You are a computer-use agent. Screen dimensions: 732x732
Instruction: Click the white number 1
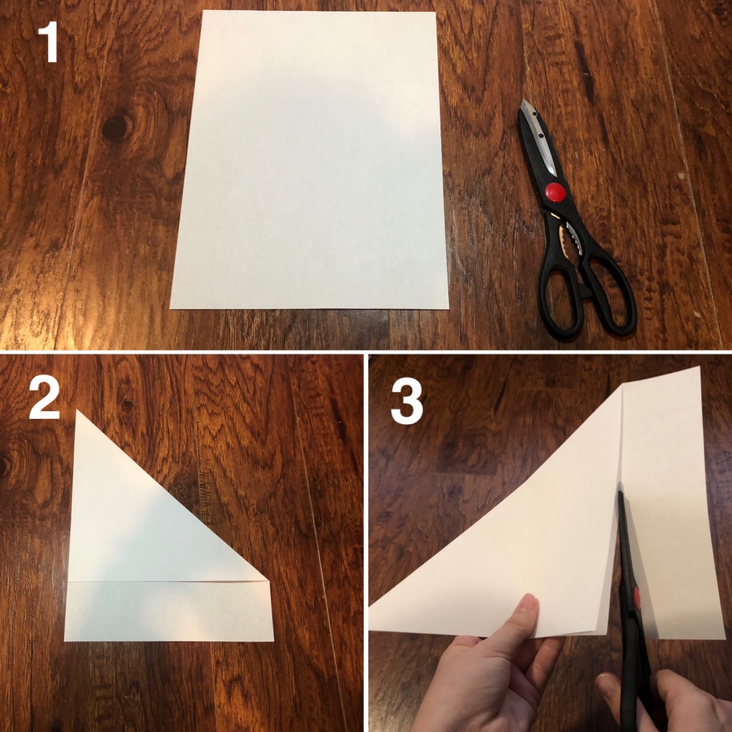(48, 42)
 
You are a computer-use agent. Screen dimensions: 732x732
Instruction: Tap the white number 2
(44, 398)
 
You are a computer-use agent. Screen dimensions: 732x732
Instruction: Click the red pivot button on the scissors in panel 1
(556, 192)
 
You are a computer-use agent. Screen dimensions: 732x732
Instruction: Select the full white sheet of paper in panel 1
(309, 160)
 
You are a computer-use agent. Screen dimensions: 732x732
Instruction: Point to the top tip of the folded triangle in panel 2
(77, 410)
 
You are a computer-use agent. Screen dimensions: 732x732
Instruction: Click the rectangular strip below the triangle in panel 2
(168, 611)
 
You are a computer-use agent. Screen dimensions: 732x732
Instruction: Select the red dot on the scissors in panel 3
(636, 598)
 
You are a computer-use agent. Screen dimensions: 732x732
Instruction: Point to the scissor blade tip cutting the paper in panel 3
(620, 485)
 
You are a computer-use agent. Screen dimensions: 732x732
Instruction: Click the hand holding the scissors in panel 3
(672, 700)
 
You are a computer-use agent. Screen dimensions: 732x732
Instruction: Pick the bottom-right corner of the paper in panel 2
(273, 641)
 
